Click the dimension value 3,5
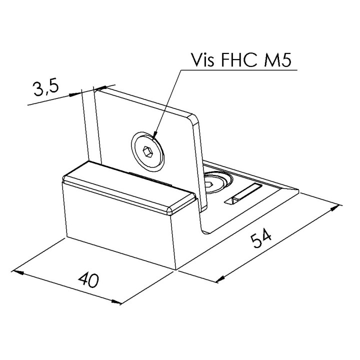(46, 88)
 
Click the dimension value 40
(88, 280)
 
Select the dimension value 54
(261, 239)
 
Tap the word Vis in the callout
(202, 60)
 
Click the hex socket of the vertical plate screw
(147, 152)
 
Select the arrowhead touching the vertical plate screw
(154, 134)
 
